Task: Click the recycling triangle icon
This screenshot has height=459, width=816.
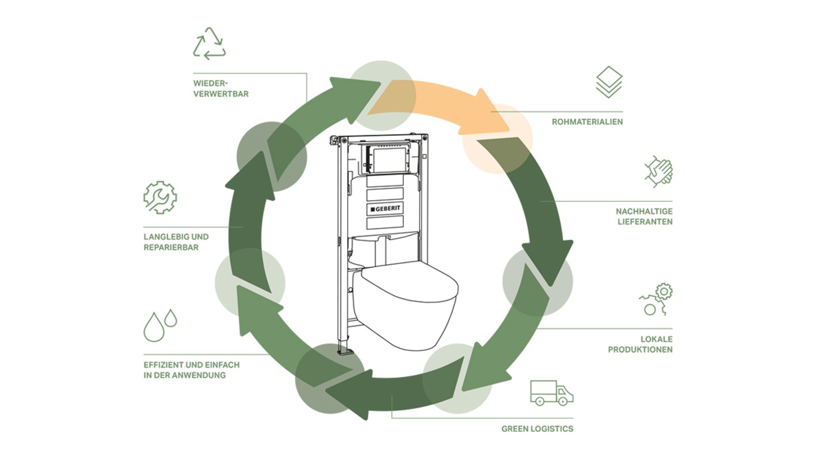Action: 209,44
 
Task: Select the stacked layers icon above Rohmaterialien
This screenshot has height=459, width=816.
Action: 609,82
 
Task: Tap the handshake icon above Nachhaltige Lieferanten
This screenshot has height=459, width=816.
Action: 658,171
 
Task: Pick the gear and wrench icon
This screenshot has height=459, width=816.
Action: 160,197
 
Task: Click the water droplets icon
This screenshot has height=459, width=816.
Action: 160,325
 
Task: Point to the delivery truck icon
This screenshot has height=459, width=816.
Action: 551,393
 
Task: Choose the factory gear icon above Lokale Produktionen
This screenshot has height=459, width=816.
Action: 656,299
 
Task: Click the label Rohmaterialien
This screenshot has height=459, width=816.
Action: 587,122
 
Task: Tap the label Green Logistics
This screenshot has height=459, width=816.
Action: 537,429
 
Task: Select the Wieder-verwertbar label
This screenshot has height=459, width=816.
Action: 221,88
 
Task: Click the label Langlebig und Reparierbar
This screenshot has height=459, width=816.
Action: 176,242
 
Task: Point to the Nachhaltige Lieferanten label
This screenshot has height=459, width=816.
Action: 644,216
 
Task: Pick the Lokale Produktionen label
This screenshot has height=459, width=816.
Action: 640,344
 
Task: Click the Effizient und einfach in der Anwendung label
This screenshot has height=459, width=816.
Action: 191,370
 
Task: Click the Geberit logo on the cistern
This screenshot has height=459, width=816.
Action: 385,209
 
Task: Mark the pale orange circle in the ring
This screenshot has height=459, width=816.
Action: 497,139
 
